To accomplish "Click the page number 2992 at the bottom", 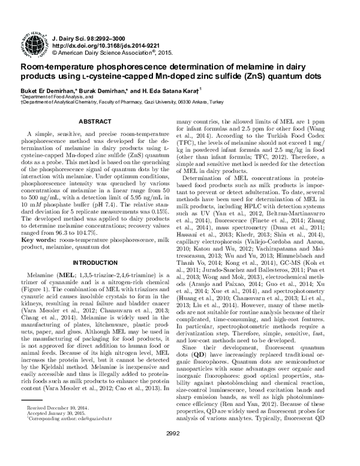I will click(179, 450).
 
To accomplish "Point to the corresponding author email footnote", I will click(66, 418).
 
